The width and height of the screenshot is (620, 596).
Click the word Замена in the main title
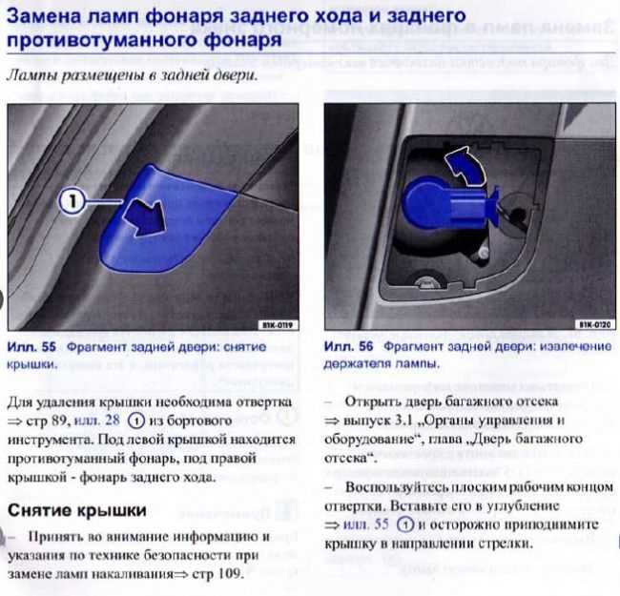point(50,16)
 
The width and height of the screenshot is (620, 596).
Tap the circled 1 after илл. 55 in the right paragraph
point(405,524)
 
